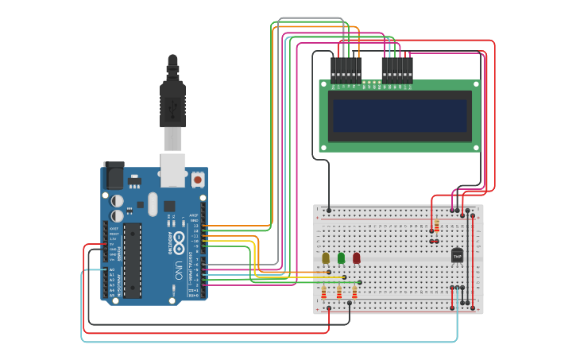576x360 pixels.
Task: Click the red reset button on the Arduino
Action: click(196, 180)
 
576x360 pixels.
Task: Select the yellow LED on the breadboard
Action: click(326, 257)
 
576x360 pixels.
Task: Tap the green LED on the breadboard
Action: click(341, 257)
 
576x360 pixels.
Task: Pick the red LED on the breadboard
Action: click(356, 257)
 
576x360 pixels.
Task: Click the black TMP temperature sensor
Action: click(457, 256)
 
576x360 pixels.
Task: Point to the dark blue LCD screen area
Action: click(400, 115)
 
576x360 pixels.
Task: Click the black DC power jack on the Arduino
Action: click(114, 175)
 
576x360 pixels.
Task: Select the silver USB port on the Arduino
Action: click(172, 168)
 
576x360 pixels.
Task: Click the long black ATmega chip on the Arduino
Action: click(132, 260)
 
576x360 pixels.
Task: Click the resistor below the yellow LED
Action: click(323, 293)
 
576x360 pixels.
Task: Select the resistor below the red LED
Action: click(354, 293)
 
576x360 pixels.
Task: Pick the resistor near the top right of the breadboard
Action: click(436, 226)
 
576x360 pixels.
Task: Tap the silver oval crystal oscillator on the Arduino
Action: click(153, 203)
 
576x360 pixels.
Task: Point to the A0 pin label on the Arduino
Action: click(111, 270)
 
